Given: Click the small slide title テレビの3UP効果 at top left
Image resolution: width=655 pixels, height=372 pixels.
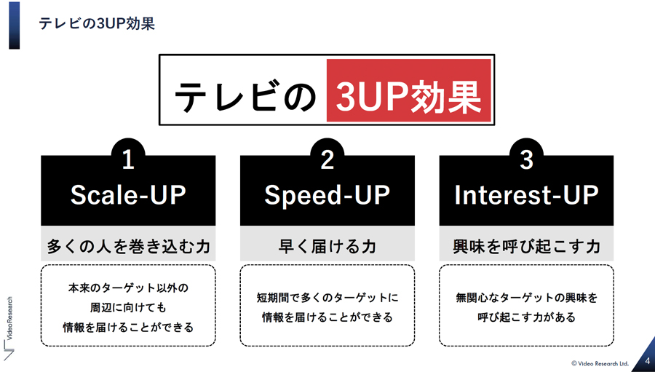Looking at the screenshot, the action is pos(97,23).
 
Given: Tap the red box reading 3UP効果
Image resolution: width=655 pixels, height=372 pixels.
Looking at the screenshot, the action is pos(408,90).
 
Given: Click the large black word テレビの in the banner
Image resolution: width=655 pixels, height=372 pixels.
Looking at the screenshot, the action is pos(245,96).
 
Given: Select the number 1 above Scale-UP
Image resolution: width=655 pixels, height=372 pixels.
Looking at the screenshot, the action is pos(128,159).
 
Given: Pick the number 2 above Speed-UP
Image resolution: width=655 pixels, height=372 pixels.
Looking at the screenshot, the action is pos(327,159).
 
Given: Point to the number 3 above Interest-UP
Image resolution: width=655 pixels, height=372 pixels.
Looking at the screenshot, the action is pos(526,159).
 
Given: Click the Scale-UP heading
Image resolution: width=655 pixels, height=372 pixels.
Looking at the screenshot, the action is pos(128,195).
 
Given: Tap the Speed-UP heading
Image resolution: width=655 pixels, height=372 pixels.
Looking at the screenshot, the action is pos(327,196).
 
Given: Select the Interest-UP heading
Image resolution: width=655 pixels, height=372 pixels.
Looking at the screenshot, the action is pos(526,195).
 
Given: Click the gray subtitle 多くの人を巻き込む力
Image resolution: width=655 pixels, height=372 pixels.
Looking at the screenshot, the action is pos(128,246).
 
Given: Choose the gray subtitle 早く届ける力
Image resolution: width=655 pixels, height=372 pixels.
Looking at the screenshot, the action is pos(327,246).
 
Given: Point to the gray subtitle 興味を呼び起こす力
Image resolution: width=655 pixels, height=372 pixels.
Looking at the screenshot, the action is pos(526,246).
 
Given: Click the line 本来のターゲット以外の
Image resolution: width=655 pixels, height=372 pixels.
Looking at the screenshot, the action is pos(128,288).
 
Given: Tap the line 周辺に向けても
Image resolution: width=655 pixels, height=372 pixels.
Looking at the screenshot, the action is pos(128,307).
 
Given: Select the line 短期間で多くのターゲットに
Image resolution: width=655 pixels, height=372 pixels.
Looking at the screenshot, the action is pos(327,298).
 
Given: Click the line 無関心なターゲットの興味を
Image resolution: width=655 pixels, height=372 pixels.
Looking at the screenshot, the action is pos(526,298).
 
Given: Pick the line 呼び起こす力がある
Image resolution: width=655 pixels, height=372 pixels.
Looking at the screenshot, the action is pos(526,317).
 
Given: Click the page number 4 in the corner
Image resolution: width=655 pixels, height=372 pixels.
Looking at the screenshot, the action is pos(648,360).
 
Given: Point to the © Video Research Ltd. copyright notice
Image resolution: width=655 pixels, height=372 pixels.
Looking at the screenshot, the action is pos(600,363).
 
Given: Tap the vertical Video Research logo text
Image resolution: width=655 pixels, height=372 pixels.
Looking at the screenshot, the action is pos(10,318).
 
